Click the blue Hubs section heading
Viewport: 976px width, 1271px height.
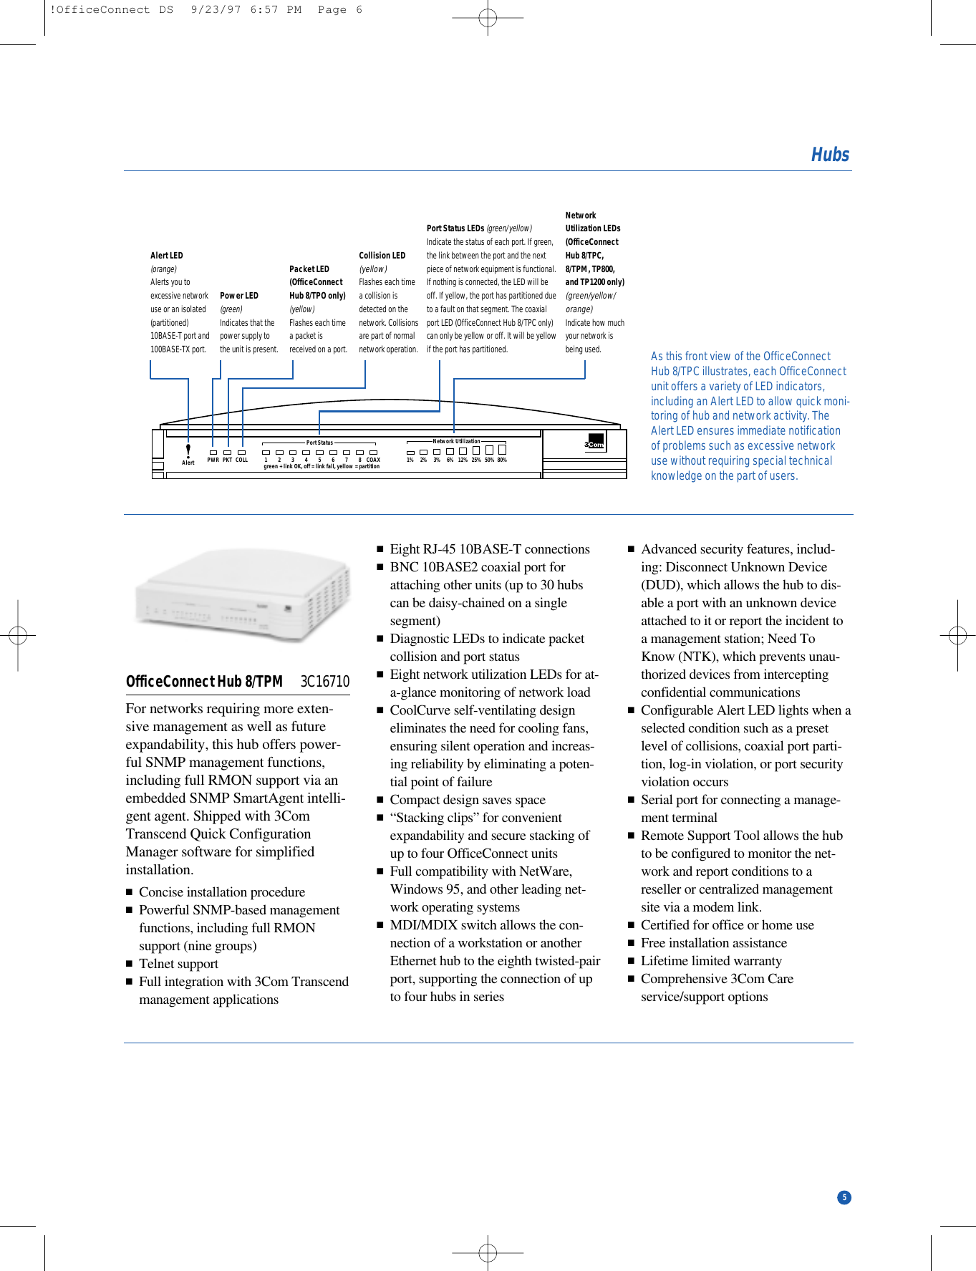[x=829, y=155]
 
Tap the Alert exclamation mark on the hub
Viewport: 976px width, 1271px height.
[x=188, y=450]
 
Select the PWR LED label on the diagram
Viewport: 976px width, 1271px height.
[x=213, y=460]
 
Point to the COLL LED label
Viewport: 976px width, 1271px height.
[x=242, y=460]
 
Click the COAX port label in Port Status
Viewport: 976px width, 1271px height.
[x=373, y=460]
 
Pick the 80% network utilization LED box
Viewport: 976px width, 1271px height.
[x=502, y=450]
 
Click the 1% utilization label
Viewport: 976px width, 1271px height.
[x=410, y=460]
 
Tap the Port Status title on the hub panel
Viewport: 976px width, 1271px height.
[x=319, y=443]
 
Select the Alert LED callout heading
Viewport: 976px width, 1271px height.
[x=166, y=256]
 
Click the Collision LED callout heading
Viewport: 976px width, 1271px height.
[x=382, y=256]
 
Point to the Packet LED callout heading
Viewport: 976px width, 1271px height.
[x=309, y=269]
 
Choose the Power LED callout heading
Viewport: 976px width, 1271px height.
[x=238, y=296]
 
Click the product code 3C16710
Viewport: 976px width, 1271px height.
[x=324, y=682]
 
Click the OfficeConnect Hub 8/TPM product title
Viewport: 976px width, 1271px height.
[x=204, y=682]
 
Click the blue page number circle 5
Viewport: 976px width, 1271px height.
[x=844, y=1197]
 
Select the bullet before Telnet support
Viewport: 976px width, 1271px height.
[x=130, y=965]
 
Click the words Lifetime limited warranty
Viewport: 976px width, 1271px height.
[x=710, y=961]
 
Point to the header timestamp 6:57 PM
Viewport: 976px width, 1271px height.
[x=276, y=10]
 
